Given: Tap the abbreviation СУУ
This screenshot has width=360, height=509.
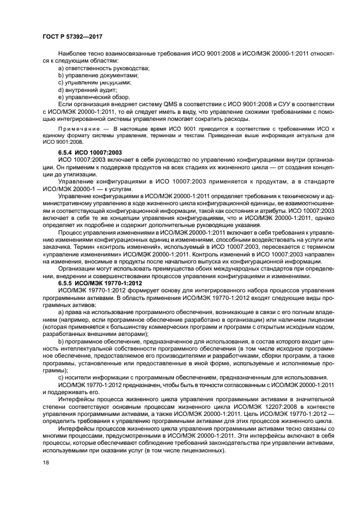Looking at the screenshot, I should click(x=282, y=104).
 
